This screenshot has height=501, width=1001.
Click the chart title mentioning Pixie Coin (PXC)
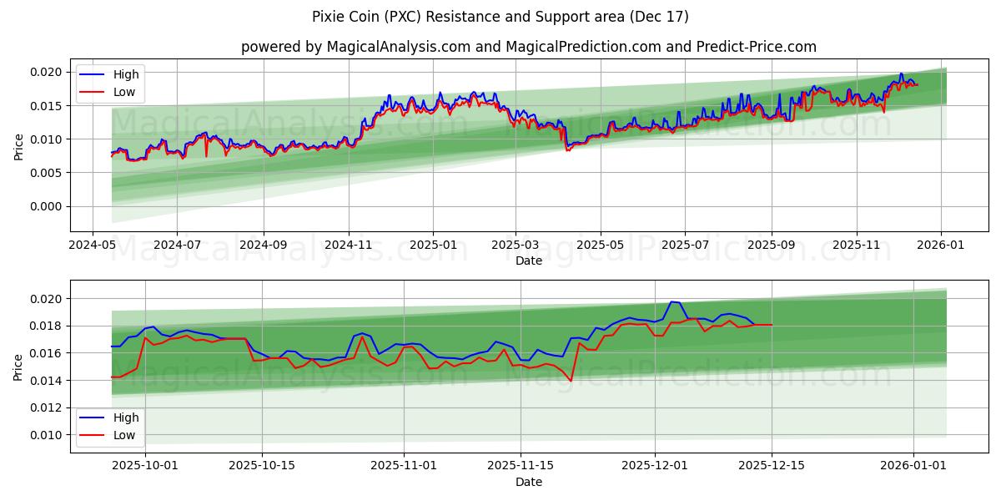pyautogui.click(x=500, y=17)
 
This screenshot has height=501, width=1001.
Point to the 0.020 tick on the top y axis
pyautogui.click(x=47, y=72)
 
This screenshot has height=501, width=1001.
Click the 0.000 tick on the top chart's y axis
pyautogui.click(x=47, y=206)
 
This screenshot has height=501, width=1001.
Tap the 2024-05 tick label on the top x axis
pyautogui.click(x=92, y=245)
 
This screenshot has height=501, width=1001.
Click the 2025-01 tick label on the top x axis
pyautogui.click(x=433, y=245)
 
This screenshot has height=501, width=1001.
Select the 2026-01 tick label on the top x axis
pyautogui.click(x=942, y=245)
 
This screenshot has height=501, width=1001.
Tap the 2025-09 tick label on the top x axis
pyautogui.click(x=772, y=245)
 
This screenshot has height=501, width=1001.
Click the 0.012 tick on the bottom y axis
pyautogui.click(x=47, y=407)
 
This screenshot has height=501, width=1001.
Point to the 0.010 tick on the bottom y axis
pyautogui.click(x=47, y=435)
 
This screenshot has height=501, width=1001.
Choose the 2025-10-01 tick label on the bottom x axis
pyautogui.click(x=145, y=466)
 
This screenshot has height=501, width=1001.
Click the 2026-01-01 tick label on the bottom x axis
pyautogui.click(x=914, y=466)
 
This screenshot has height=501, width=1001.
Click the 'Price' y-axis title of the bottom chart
pyautogui.click(x=18, y=367)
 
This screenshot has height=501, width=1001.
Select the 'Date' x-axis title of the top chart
pyautogui.click(x=528, y=261)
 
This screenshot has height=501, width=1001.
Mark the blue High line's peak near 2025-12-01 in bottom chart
pyautogui.click(x=672, y=302)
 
